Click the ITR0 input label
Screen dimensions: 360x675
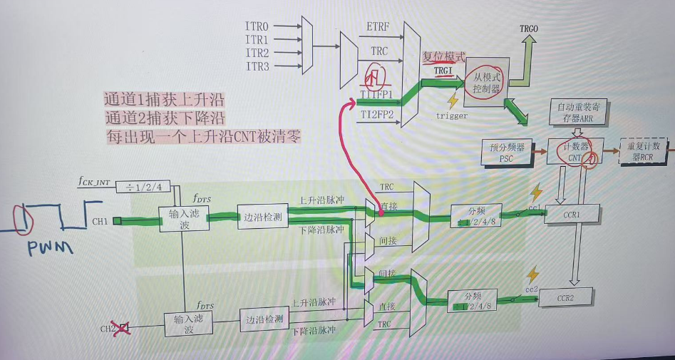pyautogui.click(x=257, y=26)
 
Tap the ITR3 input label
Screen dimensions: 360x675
pyautogui.click(x=257, y=66)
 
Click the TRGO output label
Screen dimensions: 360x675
pyautogui.click(x=529, y=29)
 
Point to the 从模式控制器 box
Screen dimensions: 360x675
pyautogui.click(x=487, y=83)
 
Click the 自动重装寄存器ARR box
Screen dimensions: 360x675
pyautogui.click(x=577, y=111)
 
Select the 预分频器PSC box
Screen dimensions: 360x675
pyautogui.click(x=507, y=150)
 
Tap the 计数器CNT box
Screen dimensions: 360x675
pyautogui.click(x=576, y=150)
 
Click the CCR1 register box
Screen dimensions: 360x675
pyautogui.click(x=572, y=213)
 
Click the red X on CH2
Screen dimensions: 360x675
pyautogui.click(x=123, y=329)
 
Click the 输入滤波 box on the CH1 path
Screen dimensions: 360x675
pyautogui.click(x=182, y=219)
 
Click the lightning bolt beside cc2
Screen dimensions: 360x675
pyautogui.click(x=531, y=275)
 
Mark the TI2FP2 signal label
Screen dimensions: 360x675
pyautogui.click(x=376, y=113)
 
